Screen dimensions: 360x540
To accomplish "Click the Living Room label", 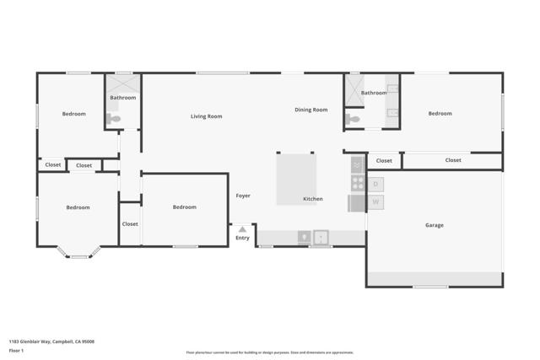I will click(206, 116).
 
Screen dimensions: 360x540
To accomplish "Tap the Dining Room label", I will click(310, 110).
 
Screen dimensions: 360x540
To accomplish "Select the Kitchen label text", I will click(312, 199).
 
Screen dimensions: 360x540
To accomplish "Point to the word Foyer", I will click(243, 196).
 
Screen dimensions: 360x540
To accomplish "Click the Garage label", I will click(434, 225).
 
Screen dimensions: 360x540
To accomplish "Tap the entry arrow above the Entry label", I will click(242, 229).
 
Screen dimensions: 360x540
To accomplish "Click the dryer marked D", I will click(376, 183).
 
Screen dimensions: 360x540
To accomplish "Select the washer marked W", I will click(376, 202).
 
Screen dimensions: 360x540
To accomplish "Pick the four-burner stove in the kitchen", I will click(357, 183).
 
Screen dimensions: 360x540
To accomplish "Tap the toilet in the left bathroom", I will click(114, 119).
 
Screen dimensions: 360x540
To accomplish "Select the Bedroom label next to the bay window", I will click(78, 207).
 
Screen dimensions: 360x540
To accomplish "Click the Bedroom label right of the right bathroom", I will click(439, 114).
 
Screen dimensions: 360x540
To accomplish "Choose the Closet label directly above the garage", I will click(452, 160).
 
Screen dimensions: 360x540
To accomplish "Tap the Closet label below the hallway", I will click(130, 224).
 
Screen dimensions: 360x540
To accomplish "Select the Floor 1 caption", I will click(16, 350).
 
